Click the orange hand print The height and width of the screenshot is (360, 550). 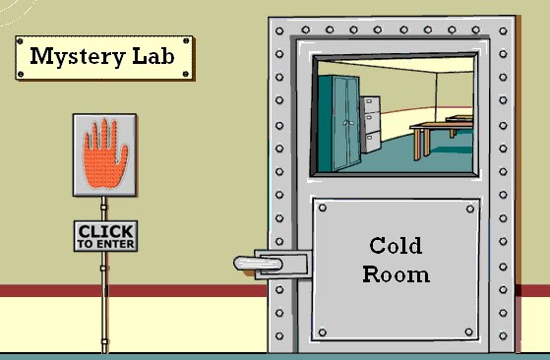point(104,152)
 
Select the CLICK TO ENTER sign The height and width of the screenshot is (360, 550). point(105,236)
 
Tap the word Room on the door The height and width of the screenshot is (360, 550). point(396,273)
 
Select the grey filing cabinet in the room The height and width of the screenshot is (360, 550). point(371,124)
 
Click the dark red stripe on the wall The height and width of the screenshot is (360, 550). point(138,291)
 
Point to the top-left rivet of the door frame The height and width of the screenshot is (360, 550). point(279,30)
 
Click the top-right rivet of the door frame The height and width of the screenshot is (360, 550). point(503,30)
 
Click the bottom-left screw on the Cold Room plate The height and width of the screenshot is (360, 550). point(324,331)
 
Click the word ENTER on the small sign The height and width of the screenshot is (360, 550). point(113,243)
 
